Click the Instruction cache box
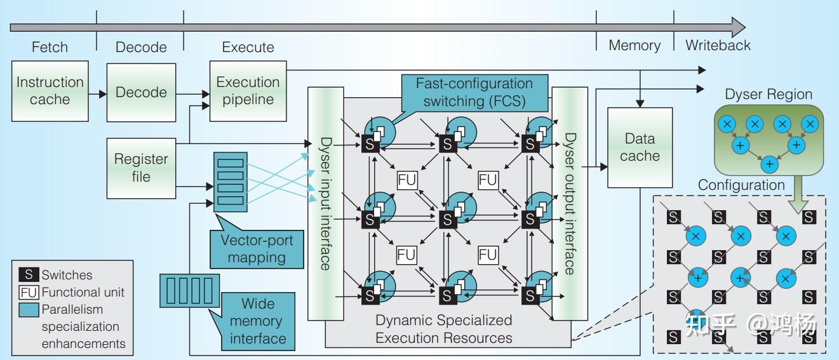(50, 91)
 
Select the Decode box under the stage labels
(141, 92)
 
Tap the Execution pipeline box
(248, 91)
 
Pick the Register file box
(141, 168)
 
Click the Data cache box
(640, 147)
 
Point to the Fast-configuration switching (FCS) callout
(474, 92)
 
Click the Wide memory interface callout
(258, 321)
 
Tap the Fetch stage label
(50, 47)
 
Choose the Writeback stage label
(718, 46)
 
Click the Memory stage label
(634, 46)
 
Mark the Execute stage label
(248, 47)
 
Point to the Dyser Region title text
(769, 95)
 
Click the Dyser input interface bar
(325, 203)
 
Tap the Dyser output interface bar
(569, 203)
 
